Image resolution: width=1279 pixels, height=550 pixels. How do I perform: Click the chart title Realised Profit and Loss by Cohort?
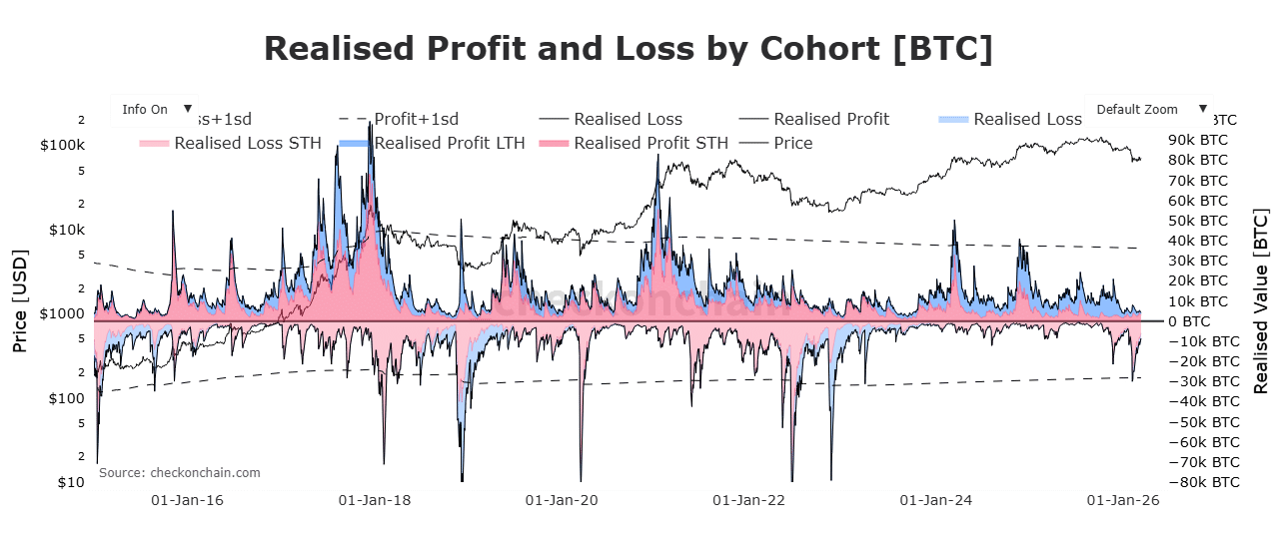click(629, 49)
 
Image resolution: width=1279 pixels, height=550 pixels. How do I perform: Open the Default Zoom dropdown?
click(1146, 109)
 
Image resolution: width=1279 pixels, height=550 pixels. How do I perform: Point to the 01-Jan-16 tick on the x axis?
click(186, 499)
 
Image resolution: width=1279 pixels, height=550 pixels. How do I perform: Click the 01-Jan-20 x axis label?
click(562, 499)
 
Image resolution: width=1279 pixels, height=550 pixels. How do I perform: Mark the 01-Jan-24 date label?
click(935, 499)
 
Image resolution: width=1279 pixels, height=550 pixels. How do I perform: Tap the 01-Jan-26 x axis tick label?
click(1123, 499)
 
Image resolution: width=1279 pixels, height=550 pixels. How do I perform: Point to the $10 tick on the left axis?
click(71, 482)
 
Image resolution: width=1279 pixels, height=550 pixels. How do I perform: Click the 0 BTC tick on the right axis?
click(1189, 321)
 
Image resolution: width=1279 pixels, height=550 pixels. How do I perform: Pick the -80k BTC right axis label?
click(1202, 482)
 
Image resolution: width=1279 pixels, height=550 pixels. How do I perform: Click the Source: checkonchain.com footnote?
click(179, 472)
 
